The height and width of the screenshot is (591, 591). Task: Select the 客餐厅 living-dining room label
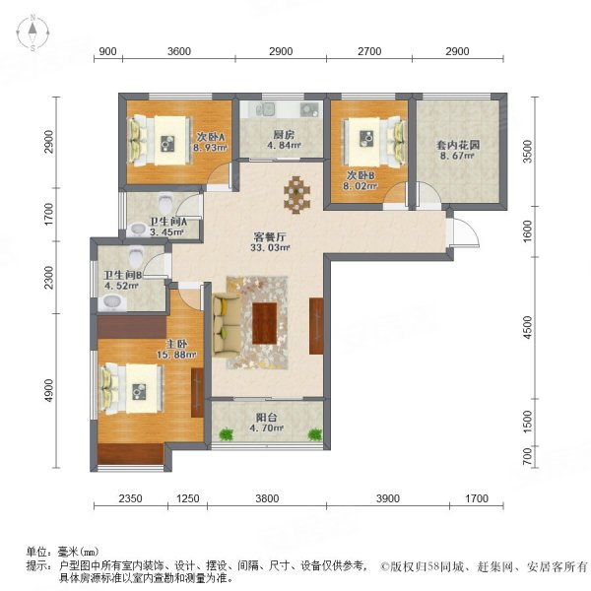click(x=266, y=237)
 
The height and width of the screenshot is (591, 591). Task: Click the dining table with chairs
click(x=296, y=192)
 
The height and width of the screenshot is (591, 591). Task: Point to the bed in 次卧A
click(x=158, y=136)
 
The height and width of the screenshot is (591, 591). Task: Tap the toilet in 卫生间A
click(x=138, y=229)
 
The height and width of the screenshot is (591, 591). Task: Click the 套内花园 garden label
click(x=458, y=144)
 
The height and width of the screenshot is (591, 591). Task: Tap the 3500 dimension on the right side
click(x=528, y=152)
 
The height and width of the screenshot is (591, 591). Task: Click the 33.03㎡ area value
click(x=266, y=251)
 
